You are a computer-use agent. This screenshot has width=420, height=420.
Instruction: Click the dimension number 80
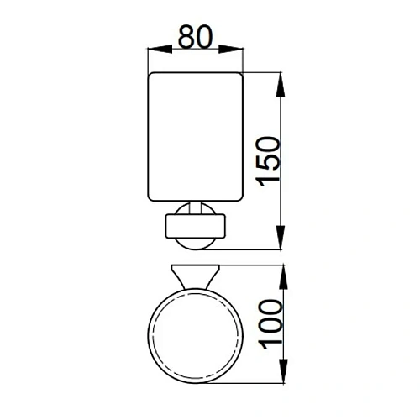pyautogui.click(x=196, y=38)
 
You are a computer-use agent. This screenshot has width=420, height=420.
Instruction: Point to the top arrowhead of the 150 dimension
pyautogui.click(x=280, y=79)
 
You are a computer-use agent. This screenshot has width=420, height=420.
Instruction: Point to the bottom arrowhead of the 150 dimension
pyautogui.click(x=280, y=243)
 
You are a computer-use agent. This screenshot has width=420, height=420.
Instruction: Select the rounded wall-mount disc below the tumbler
pyautogui.click(x=196, y=227)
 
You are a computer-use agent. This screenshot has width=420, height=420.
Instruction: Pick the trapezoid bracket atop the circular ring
pyautogui.click(x=196, y=275)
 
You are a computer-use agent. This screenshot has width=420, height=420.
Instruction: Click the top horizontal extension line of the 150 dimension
pyautogui.click(x=260, y=73)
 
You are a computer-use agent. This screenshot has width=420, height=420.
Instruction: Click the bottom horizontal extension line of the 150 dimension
pyautogui.click(x=252, y=249)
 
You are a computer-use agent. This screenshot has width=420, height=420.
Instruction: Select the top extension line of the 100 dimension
pyautogui.click(x=252, y=265)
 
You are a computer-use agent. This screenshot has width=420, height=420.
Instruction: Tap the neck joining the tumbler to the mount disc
pyautogui.click(x=196, y=208)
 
